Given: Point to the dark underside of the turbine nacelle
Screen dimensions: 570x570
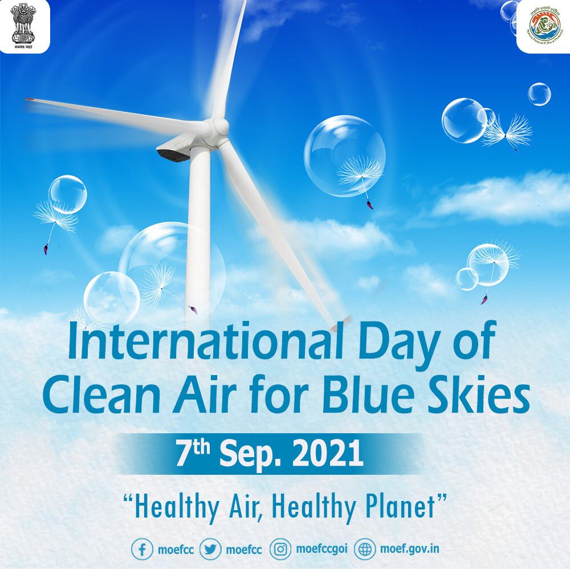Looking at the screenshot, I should pos(172,153).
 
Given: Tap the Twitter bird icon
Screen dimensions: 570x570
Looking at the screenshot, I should pos(212,549).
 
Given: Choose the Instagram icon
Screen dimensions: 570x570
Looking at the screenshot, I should pos(280,549).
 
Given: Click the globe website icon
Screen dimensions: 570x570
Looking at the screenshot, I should pos(365,549).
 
